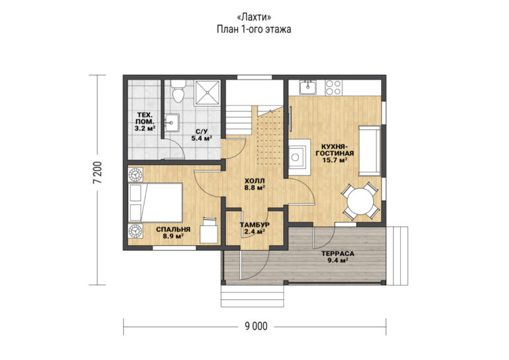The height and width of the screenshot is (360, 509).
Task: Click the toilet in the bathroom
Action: pyautogui.click(x=178, y=92)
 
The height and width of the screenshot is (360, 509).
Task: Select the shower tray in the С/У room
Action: pyautogui.click(x=207, y=93)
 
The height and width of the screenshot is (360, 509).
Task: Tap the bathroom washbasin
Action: pyautogui.click(x=172, y=123)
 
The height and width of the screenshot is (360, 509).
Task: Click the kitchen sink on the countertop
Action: pyautogui.click(x=308, y=88)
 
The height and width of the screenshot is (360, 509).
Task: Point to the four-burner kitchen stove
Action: pyautogui.click(x=333, y=88)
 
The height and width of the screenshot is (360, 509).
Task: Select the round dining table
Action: pyautogui.click(x=361, y=202)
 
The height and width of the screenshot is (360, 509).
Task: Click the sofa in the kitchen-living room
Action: pyautogui.click(x=369, y=151)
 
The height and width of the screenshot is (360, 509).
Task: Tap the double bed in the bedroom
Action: pyautogui.click(x=155, y=203)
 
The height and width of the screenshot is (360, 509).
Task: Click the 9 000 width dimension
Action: pyautogui.click(x=256, y=326)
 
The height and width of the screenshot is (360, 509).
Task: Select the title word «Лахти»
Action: pyautogui.click(x=254, y=17)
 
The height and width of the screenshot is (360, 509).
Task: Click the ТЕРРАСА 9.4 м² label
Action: pyautogui.click(x=337, y=257)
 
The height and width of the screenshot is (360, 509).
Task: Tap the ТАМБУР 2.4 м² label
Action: pyautogui.click(x=254, y=228)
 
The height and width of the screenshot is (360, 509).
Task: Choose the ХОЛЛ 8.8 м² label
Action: pyautogui.click(x=254, y=184)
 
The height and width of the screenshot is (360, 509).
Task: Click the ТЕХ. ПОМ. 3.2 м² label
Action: pyautogui.click(x=144, y=121)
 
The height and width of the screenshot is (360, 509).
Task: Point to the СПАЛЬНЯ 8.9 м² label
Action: pyautogui.click(x=173, y=233)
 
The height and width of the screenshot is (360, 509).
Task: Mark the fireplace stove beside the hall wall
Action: pyautogui.click(x=300, y=157)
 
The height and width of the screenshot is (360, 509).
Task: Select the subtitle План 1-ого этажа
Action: pyautogui.click(x=254, y=30)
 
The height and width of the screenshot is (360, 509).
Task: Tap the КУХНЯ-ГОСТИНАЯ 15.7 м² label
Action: pyautogui.click(x=335, y=153)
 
